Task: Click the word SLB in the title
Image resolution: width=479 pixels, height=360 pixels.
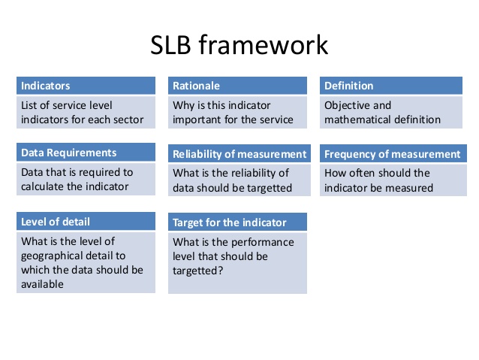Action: pos(170,45)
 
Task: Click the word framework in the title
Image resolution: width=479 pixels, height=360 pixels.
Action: pos(264,44)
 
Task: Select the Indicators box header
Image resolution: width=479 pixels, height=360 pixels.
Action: pos(86,86)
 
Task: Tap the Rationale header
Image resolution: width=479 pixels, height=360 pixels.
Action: pos(237,86)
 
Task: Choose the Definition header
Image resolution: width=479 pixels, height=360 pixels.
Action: pos(391,86)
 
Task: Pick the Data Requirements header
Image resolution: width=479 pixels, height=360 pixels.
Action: pos(86,153)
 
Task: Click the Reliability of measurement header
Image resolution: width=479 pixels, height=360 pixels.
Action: pos(239,153)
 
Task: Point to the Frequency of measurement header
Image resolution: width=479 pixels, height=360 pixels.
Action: pos(393,153)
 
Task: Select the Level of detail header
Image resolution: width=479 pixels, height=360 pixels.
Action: pos(86,221)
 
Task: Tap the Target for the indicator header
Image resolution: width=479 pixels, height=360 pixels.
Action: pos(237,222)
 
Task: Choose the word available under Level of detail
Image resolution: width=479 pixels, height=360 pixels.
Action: pos(42,284)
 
